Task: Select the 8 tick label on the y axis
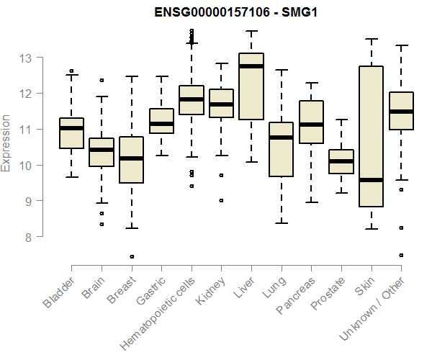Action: (x=27, y=237)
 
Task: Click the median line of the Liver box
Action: (x=251, y=66)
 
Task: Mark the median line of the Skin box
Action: (x=371, y=180)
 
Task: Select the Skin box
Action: (x=371, y=130)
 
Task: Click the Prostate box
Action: (x=341, y=162)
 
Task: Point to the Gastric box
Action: (x=161, y=121)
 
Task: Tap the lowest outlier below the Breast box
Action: (x=132, y=256)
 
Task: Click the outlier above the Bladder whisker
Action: (x=71, y=71)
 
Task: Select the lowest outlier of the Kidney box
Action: (x=221, y=200)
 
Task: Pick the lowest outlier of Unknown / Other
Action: (x=401, y=255)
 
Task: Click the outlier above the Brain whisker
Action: (x=102, y=80)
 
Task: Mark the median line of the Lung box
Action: (x=281, y=137)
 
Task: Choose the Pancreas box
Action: (x=311, y=122)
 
